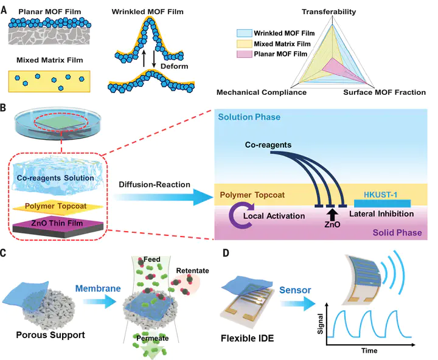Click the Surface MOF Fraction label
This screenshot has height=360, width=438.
[384, 92]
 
